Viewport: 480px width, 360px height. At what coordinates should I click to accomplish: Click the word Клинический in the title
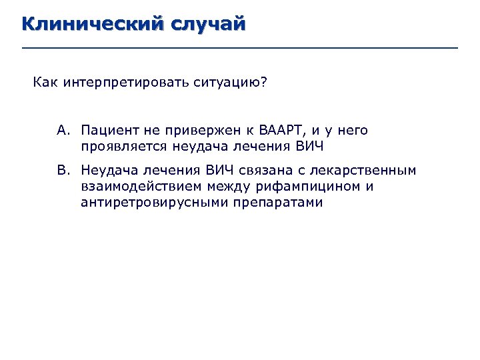click(93, 25)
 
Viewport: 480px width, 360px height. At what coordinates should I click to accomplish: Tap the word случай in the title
click(209, 25)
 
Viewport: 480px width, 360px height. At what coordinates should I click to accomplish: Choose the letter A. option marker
click(63, 130)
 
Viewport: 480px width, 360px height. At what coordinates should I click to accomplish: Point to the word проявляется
click(124, 146)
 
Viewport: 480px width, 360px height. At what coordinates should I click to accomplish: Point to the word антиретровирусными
click(154, 202)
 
